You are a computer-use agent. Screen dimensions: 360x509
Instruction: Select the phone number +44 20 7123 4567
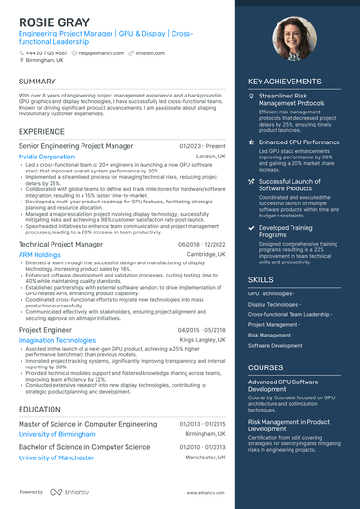tap(46, 53)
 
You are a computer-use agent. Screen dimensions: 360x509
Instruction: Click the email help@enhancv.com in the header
tap(99, 53)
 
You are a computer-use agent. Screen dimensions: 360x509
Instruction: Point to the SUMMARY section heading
tap(37, 82)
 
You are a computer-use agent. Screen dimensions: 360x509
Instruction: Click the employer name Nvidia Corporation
tap(48, 157)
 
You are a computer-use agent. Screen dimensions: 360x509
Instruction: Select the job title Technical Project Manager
tap(61, 243)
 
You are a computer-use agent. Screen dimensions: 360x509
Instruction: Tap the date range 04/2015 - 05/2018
tap(202, 330)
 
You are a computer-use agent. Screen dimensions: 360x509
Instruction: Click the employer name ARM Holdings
tap(39, 254)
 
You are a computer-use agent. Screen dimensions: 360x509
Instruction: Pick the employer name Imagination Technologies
tap(56, 341)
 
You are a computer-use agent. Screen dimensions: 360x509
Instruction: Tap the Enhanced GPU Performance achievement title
tap(299, 142)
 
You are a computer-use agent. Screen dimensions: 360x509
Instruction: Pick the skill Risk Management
tap(268, 334)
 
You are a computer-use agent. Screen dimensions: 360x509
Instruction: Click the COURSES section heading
tap(266, 368)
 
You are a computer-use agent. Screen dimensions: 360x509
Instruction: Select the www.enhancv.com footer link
tap(205, 491)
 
